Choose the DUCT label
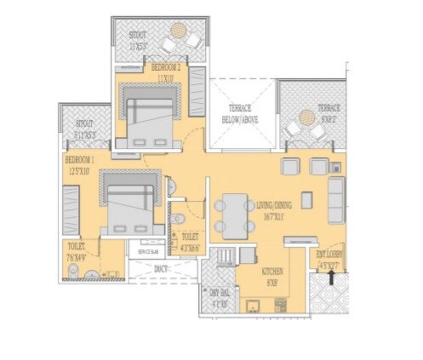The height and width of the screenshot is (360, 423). pyautogui.click(x=160, y=269)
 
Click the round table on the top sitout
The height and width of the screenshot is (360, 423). pyautogui.click(x=177, y=33)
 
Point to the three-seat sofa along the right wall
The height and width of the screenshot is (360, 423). pyautogui.click(x=336, y=201)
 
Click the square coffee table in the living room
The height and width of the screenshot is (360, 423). pyautogui.click(x=306, y=200)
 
